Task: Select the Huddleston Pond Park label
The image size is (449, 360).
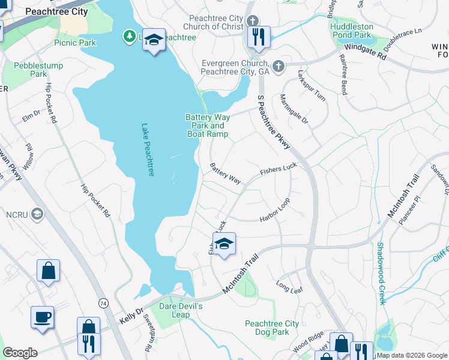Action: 352,31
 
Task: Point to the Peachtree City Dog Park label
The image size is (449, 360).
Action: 271,328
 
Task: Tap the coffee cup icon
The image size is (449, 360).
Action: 42,317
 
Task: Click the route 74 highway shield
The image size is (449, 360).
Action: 104,304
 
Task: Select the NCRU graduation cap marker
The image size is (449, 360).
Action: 37,214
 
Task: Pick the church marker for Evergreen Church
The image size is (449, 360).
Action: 277,65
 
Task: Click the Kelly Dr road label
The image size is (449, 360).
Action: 131,315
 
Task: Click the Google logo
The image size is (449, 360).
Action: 20,353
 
